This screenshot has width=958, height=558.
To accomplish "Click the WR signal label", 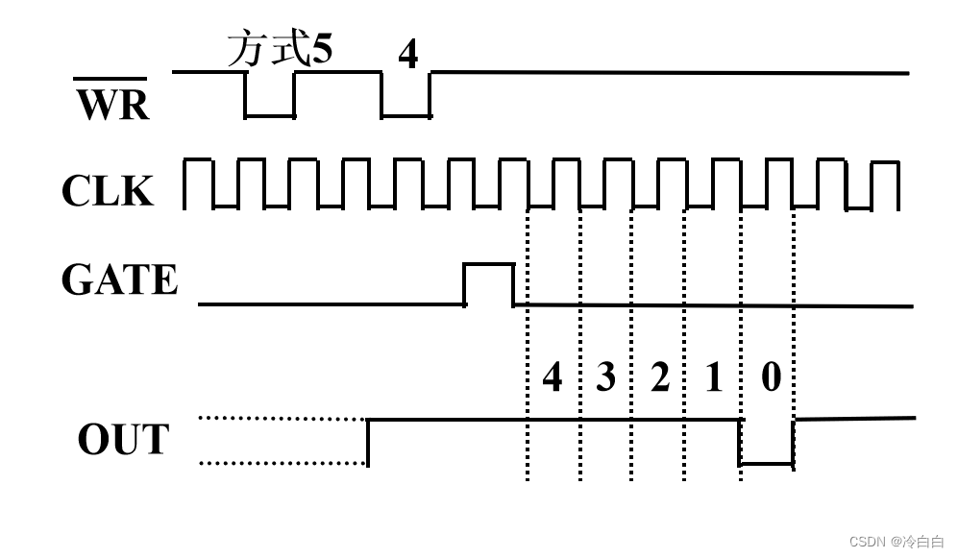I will (112, 104).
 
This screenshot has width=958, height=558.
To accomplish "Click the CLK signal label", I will (107, 190).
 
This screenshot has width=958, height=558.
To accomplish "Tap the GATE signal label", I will (119, 279).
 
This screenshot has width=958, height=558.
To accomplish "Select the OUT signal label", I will (122, 439).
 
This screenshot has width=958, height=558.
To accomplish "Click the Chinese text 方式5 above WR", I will (280, 49).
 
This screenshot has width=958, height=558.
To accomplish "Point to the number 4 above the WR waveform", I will (408, 55).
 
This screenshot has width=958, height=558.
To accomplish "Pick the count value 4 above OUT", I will (553, 377).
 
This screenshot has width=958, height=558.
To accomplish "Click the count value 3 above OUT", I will (605, 377).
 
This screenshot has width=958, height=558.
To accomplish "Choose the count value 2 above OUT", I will (659, 377).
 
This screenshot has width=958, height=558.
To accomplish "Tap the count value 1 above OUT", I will (712, 377).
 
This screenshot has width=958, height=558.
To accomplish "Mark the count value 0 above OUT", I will (771, 377).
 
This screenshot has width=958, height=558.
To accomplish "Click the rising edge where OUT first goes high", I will (369, 442).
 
